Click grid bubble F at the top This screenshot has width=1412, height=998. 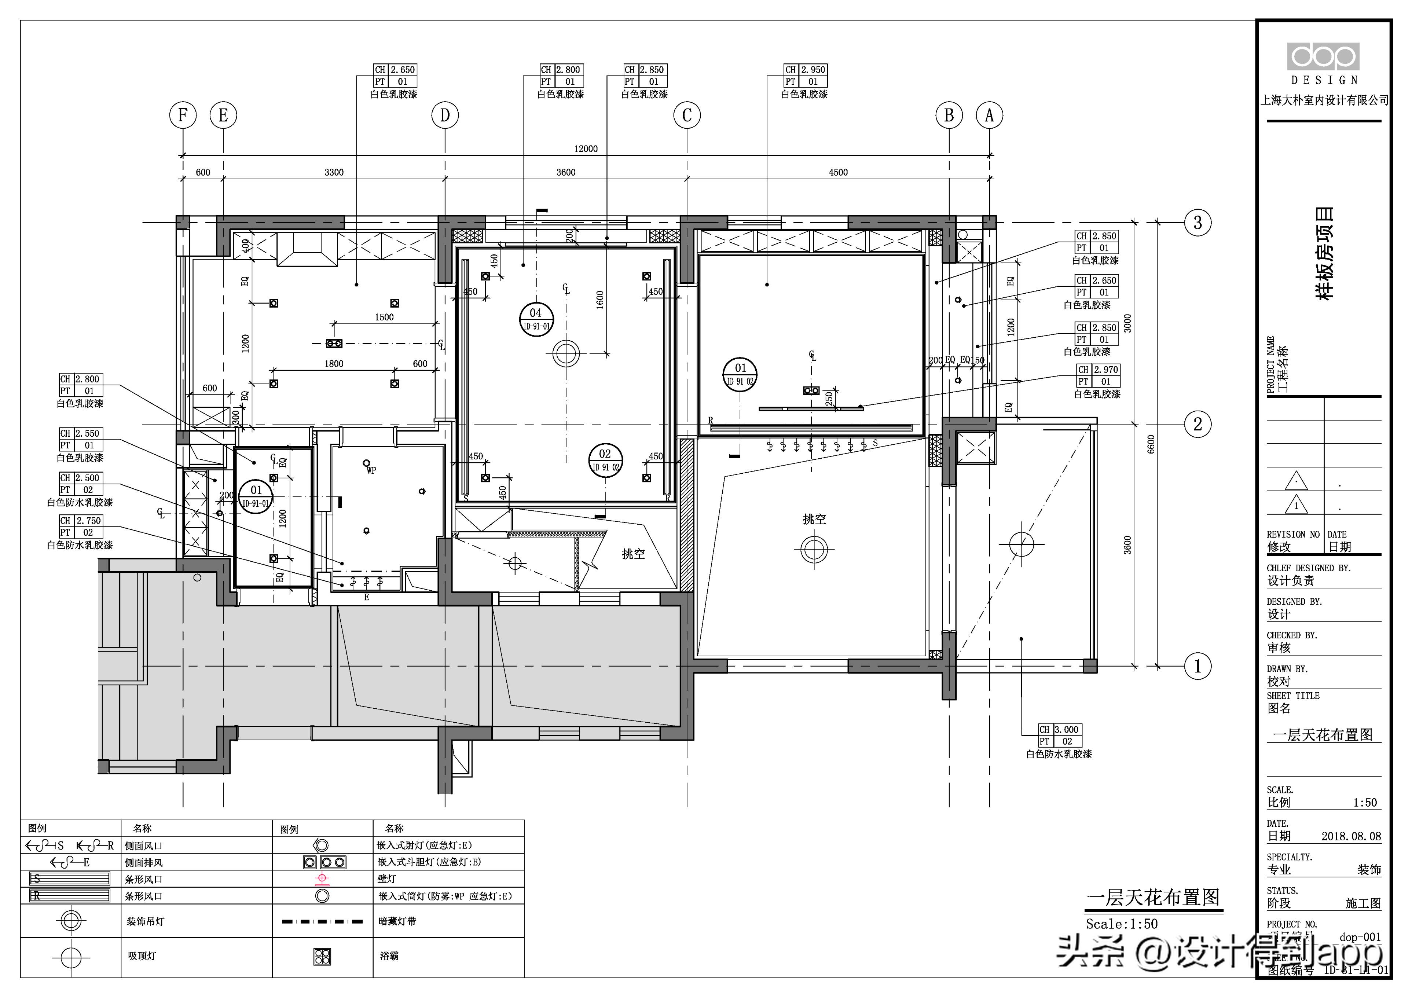[183, 115]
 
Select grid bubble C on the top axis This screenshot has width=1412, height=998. [687, 115]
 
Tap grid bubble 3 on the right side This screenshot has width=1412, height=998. [1198, 223]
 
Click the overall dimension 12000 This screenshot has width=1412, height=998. [586, 149]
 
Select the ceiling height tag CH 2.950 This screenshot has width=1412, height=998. [806, 70]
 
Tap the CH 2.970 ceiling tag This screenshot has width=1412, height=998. [1099, 370]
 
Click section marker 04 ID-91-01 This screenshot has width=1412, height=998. [536, 319]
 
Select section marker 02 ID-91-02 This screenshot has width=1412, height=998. [605, 459]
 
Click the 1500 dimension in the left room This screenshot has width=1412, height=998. [384, 317]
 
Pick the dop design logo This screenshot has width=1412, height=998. [1323, 57]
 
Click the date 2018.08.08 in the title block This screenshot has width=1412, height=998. [1351, 836]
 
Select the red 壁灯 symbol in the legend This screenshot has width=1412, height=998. [322, 879]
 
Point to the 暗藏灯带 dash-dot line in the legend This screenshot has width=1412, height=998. [322, 921]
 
